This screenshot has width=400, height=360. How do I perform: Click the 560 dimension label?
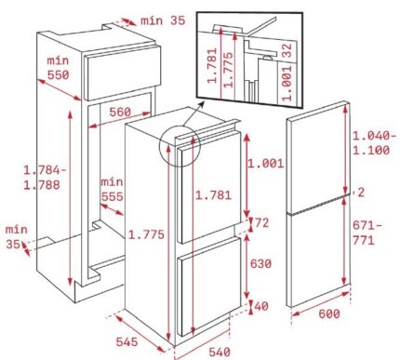click(120, 113)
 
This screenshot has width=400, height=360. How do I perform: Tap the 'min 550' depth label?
click(58, 68)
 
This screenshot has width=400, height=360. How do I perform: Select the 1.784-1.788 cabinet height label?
click(45, 178)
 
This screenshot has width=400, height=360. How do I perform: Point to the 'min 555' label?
click(112, 189)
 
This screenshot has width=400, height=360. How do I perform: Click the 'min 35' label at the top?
click(163, 20)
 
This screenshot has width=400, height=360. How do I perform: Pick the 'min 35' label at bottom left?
click(16, 237)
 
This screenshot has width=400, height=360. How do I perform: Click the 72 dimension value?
click(261, 222)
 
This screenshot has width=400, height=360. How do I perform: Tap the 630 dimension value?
click(260, 264)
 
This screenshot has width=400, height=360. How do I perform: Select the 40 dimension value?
click(261, 306)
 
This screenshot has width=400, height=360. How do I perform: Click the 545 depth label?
click(127, 341)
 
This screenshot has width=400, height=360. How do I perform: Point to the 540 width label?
click(220, 353)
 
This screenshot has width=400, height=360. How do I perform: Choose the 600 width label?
click(329, 313)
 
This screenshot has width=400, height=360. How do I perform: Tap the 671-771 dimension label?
click(367, 233)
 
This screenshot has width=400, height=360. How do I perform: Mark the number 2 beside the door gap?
click(361, 193)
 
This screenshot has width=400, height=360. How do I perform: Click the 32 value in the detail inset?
click(287, 50)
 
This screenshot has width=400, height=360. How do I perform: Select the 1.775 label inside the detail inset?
click(229, 70)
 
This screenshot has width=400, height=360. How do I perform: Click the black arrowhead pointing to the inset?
click(202, 104)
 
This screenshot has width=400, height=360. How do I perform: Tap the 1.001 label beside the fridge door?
click(265, 164)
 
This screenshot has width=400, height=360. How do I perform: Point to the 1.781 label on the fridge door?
click(213, 195)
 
